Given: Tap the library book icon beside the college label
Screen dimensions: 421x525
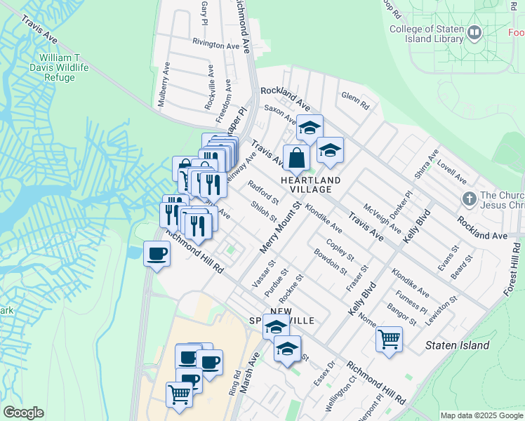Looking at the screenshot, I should pos(475,32).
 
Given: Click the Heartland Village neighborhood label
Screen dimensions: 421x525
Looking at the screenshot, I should pos(310,185).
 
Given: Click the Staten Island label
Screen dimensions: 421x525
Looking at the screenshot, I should pos(458,345).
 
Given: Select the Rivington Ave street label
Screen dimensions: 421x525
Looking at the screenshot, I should pos(217,44).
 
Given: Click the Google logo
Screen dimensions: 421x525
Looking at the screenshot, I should pos(23,413).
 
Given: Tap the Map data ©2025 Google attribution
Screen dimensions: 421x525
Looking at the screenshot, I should pos(481,415).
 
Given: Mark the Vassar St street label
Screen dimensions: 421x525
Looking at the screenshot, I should pos(260,274).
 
